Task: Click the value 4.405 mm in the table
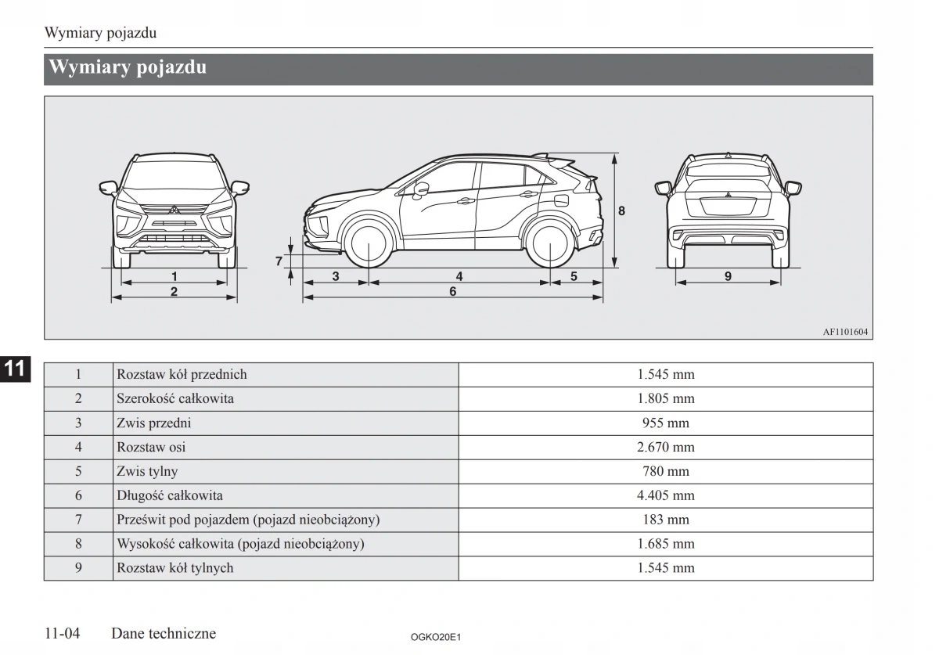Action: (665, 495)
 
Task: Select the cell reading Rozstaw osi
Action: (151, 448)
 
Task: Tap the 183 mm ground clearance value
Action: (665, 520)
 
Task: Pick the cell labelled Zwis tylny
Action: (147, 472)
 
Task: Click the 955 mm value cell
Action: (665, 423)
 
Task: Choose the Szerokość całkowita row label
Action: (174, 399)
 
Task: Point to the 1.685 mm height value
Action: (665, 544)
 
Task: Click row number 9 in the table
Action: (78, 568)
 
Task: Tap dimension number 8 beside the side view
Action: (621, 211)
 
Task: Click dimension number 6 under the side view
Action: (452, 291)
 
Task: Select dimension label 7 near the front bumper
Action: (278, 261)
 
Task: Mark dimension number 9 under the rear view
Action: (728, 276)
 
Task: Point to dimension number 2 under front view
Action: (174, 291)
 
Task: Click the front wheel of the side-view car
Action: (367, 243)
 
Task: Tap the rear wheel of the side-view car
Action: (550, 243)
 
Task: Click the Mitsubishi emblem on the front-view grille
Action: (174, 210)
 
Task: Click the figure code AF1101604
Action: (845, 332)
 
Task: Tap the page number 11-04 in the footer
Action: (63, 633)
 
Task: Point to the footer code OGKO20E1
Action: (436, 638)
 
